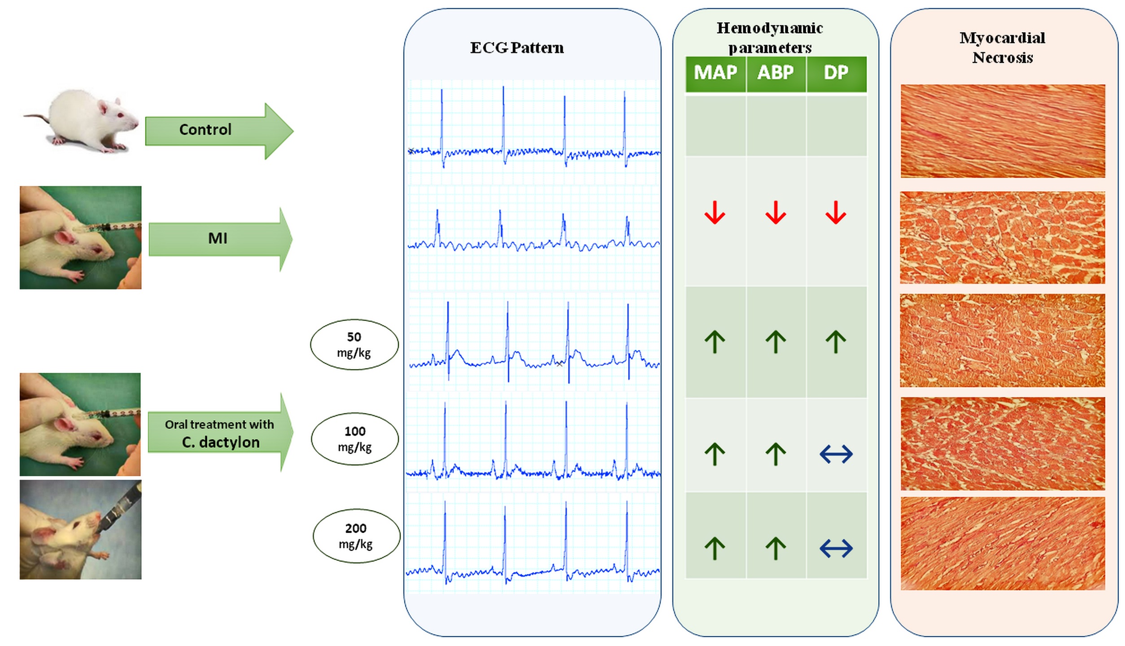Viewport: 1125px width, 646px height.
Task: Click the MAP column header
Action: [x=715, y=73]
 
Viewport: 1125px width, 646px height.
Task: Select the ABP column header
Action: [x=776, y=73]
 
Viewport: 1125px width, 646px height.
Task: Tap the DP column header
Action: [x=836, y=73]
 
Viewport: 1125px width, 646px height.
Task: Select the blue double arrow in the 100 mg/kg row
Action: [x=836, y=454]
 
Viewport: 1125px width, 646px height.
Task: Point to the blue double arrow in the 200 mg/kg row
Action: [x=836, y=548]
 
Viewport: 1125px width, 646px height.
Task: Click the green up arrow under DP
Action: [x=836, y=342]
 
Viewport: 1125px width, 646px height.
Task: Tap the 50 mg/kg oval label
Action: [x=354, y=345]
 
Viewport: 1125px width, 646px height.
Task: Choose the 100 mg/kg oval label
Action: [x=355, y=439]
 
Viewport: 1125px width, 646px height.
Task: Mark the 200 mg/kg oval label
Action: [x=356, y=536]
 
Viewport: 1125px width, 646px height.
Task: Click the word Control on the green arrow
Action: [x=205, y=130]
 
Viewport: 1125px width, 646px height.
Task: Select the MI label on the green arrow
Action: [x=218, y=238]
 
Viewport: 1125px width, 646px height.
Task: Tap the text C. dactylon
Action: [x=221, y=442]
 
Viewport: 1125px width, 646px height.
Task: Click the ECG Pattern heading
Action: [x=517, y=48]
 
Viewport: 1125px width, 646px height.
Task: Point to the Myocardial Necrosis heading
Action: [x=1003, y=48]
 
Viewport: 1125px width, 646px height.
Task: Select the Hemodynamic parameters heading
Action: [x=770, y=38]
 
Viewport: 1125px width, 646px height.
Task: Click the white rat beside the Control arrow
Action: [x=83, y=121]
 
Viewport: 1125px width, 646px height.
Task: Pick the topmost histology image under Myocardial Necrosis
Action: [x=1003, y=131]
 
